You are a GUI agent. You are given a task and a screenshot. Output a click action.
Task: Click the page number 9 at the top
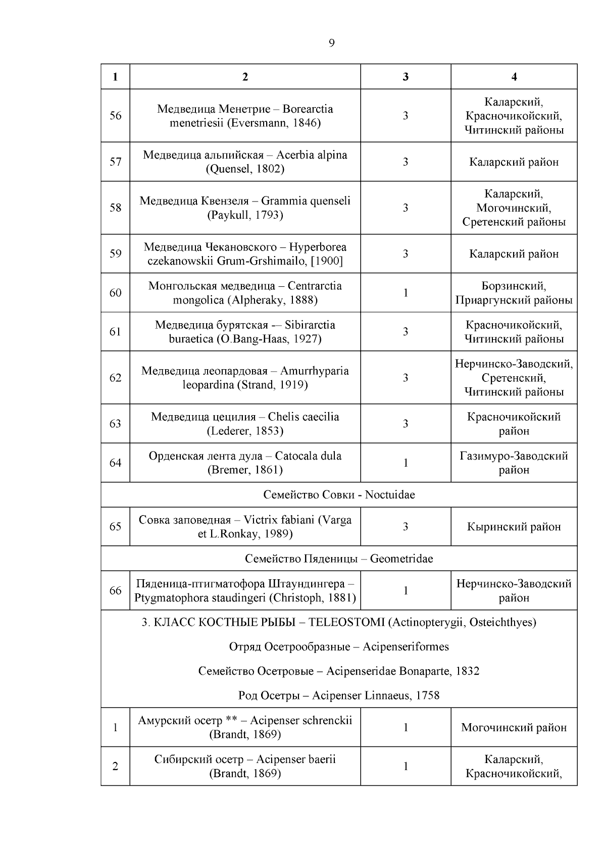pyautogui.click(x=331, y=43)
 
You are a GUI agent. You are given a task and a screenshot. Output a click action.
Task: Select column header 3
pyautogui.click(x=405, y=77)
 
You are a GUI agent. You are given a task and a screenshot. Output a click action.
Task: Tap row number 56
pyautogui.click(x=115, y=116)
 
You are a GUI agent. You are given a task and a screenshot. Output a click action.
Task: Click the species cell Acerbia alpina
pyautogui.click(x=245, y=162)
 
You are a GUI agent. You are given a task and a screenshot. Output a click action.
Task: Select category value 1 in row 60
pyautogui.click(x=405, y=293)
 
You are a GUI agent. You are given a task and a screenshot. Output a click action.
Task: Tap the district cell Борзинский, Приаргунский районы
pyautogui.click(x=514, y=293)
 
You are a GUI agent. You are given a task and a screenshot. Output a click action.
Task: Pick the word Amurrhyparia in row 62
pyautogui.click(x=314, y=371)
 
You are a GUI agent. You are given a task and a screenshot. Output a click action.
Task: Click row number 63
pyautogui.click(x=115, y=424)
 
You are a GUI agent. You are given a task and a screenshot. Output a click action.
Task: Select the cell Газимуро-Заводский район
pyautogui.click(x=514, y=463)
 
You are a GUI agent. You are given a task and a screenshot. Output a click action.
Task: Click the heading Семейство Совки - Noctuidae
pyautogui.click(x=339, y=495)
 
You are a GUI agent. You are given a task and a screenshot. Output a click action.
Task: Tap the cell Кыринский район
pyautogui.click(x=514, y=527)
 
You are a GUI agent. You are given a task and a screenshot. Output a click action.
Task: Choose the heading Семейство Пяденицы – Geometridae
pyautogui.click(x=339, y=559)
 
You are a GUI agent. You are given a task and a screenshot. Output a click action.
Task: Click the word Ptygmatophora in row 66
pyautogui.click(x=166, y=598)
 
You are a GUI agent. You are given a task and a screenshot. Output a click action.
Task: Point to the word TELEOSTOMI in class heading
pyautogui.click(x=346, y=622)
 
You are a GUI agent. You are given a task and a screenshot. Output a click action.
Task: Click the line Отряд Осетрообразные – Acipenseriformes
pyautogui.click(x=339, y=647)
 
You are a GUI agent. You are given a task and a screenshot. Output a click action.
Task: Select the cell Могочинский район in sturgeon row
pyautogui.click(x=514, y=728)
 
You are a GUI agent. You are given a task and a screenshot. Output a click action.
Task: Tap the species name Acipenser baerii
pyautogui.click(x=295, y=760)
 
